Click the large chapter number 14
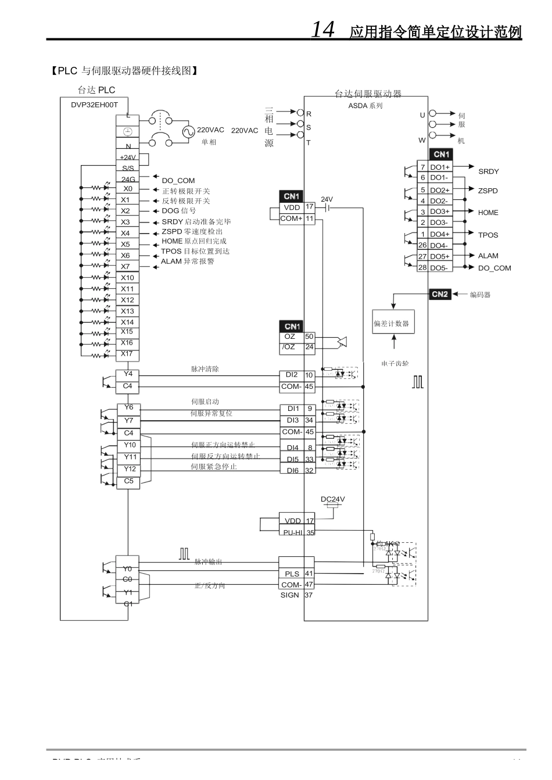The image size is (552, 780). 323,29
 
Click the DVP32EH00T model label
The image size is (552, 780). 94,105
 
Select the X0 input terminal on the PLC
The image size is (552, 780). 127,188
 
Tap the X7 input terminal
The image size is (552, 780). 126,266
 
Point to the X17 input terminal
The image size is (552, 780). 127,353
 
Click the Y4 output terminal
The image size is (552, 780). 128,374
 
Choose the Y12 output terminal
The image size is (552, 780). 129,469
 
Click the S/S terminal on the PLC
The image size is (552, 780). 127,168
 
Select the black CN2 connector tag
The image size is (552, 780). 440,294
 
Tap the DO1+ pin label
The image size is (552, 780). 439,167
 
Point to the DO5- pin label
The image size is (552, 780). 439,268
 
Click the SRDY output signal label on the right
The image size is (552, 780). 488,171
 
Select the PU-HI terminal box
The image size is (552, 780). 292,532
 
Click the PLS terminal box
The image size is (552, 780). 292,574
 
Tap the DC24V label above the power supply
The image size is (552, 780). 332,499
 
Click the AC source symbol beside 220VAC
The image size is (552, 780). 188,131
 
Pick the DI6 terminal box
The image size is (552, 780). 292,470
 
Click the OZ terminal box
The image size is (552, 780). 290,337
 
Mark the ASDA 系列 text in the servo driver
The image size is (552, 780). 365,106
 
